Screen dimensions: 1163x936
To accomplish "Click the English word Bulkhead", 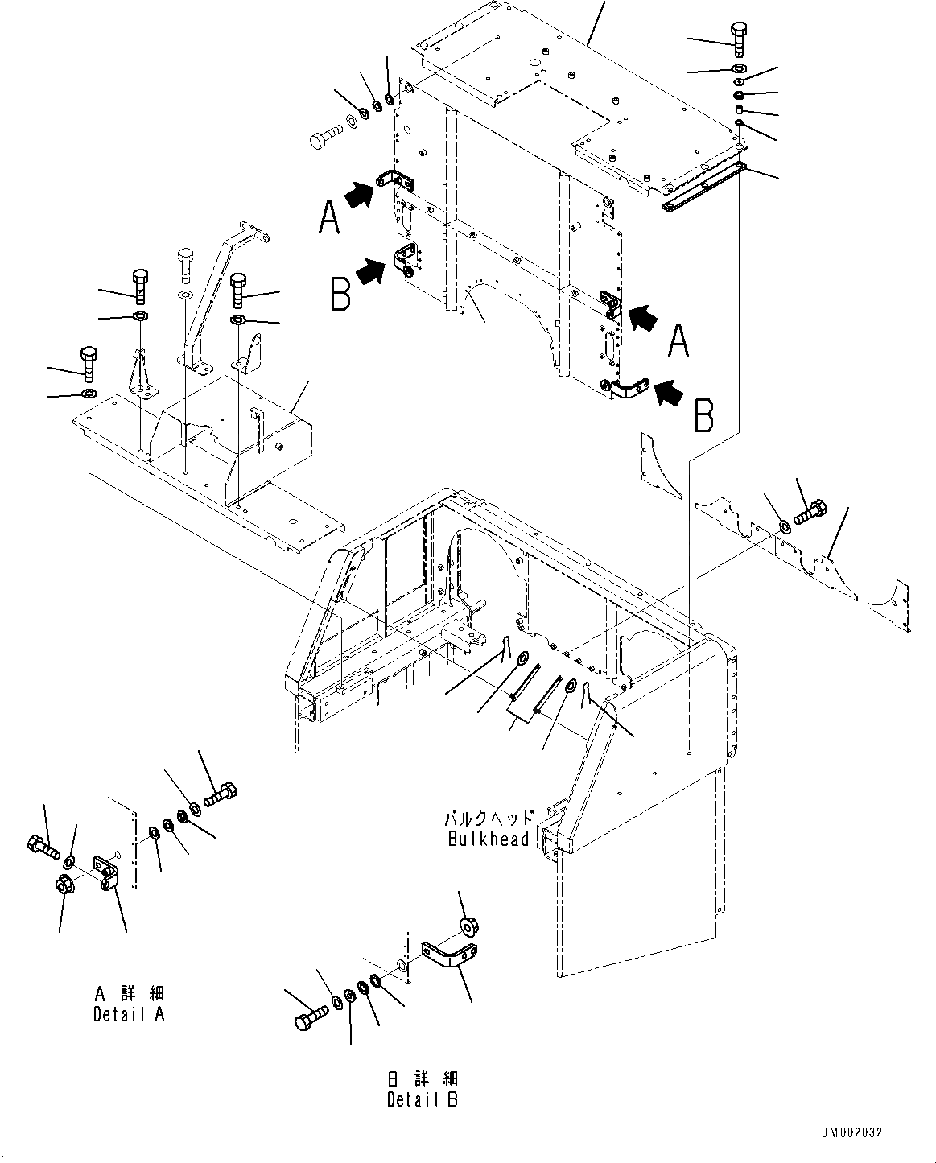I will pos(488,839).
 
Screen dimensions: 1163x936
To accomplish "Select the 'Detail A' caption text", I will pos(129,1014).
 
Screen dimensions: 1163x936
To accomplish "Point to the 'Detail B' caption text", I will pos(422,1099).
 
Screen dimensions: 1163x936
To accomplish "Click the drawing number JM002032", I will pos(852,1132).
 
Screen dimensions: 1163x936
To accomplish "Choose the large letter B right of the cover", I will pos(703,415).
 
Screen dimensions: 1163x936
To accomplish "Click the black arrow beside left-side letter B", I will pos(369,271).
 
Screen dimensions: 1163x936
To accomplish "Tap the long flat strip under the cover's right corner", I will pos(703,187).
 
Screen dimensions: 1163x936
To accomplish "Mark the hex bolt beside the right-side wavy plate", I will pos(810,513).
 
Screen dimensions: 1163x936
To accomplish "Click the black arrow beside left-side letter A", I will pos(362,194).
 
